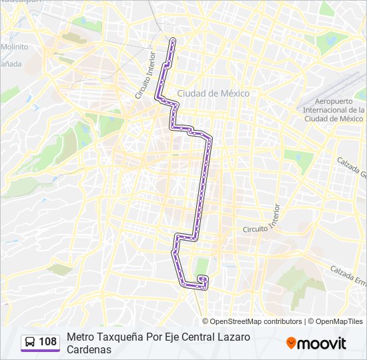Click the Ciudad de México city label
pos(214,93)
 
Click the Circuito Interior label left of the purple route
pos(145,80)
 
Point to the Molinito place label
pos(14,47)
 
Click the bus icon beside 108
pos(30,342)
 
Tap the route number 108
pos(47,342)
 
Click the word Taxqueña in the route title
pos(119,337)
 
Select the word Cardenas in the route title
pos(88,349)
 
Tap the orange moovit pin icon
pos(291,343)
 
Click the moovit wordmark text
pos(322,343)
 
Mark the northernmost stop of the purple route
pos(173,41)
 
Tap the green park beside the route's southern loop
pos(202,266)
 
